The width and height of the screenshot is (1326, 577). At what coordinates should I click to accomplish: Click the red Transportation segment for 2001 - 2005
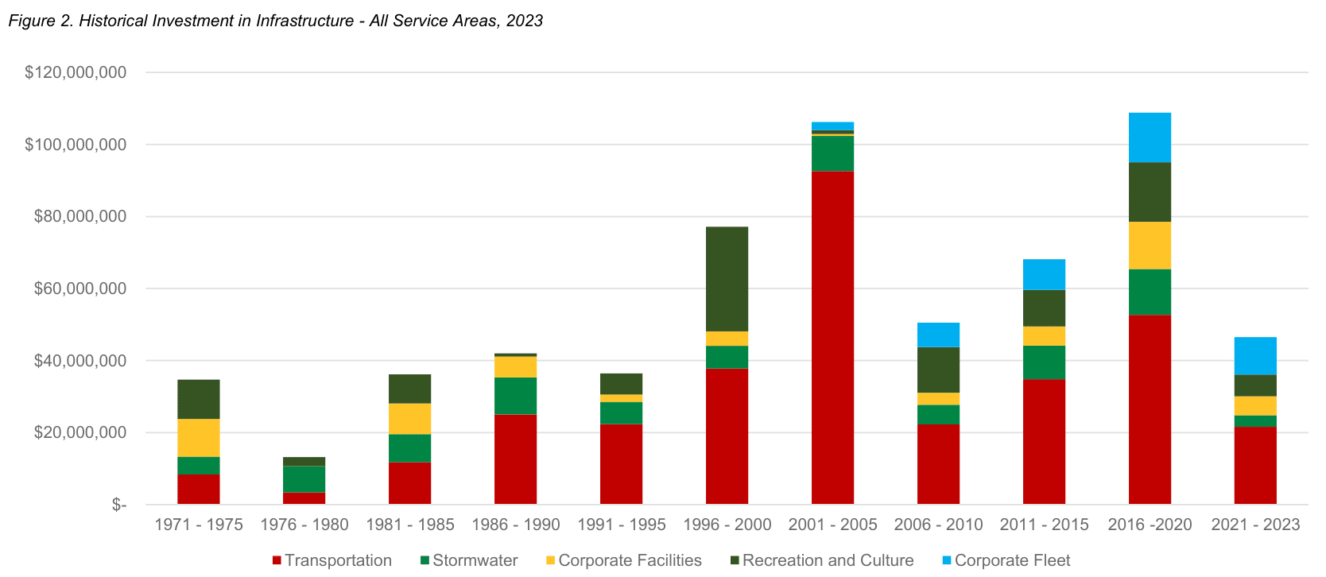coord(832,338)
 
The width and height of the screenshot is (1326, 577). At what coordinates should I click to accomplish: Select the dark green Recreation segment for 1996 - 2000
coord(727,279)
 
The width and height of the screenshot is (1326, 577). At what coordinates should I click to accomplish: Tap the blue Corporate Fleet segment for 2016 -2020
coord(1150,137)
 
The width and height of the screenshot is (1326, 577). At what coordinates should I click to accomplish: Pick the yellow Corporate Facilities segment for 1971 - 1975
coord(198,438)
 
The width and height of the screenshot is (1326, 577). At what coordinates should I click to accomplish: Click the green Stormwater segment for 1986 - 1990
coord(515,396)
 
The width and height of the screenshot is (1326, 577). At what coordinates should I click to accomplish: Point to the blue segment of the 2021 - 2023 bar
coord(1255,356)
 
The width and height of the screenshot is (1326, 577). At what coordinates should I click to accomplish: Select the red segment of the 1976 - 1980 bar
coord(304,498)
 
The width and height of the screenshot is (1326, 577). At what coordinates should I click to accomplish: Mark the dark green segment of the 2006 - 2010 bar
coord(938,370)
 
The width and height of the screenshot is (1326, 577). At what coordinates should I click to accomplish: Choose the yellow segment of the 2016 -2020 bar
coord(1150,246)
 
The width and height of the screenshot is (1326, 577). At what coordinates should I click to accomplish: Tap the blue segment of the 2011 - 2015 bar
coord(1044,275)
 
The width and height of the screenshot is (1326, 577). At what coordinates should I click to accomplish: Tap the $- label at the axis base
coord(119,505)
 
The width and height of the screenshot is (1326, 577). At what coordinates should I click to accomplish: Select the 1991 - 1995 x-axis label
coord(621,525)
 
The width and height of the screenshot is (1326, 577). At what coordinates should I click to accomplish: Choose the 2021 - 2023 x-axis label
coord(1255,525)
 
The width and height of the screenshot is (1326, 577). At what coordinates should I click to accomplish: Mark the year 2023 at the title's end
coord(524,21)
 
